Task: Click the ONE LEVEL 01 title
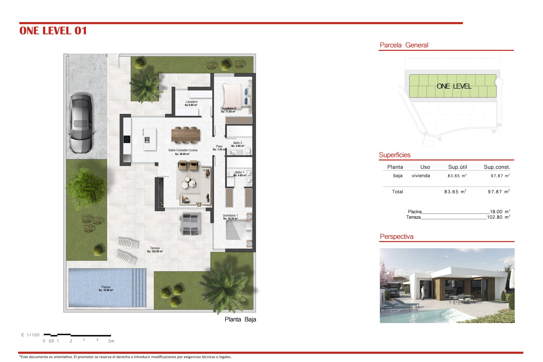click(x=53, y=31)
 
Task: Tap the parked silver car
click(x=81, y=124)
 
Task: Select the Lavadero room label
click(x=191, y=103)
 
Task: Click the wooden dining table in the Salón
click(x=186, y=135)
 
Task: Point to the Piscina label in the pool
click(x=106, y=288)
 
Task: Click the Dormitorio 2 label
click(x=228, y=110)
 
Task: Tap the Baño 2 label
click(x=238, y=144)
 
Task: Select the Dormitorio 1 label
click(x=230, y=217)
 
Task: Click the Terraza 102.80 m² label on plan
click(x=155, y=250)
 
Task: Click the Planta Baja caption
click(x=240, y=319)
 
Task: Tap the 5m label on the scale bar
click(x=111, y=341)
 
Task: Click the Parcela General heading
click(x=404, y=45)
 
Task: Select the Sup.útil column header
click(x=458, y=167)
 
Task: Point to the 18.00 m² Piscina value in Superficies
click(x=500, y=212)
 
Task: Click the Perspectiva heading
click(x=397, y=237)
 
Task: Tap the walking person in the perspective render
click(x=423, y=293)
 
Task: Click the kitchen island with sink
click(x=150, y=139)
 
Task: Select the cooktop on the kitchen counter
click(x=127, y=139)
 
